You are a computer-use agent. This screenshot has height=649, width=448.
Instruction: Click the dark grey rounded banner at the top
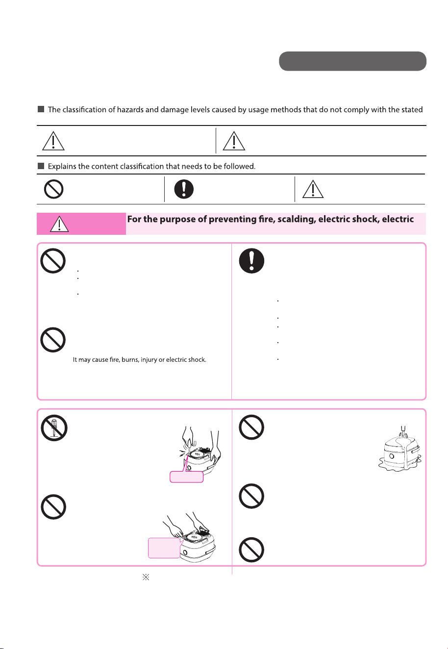(352, 61)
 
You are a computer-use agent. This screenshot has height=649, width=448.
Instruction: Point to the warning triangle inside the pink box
(59, 224)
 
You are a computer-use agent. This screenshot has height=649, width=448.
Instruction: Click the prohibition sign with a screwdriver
(54, 428)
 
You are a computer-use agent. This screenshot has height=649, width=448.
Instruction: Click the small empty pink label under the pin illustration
(186, 476)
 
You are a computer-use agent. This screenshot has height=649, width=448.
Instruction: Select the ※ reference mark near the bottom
(146, 577)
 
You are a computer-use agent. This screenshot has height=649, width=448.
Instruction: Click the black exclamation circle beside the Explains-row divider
(184, 189)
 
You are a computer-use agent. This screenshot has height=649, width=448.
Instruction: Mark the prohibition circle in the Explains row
(53, 189)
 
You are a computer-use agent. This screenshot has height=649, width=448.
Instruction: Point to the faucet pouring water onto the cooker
(403, 430)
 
